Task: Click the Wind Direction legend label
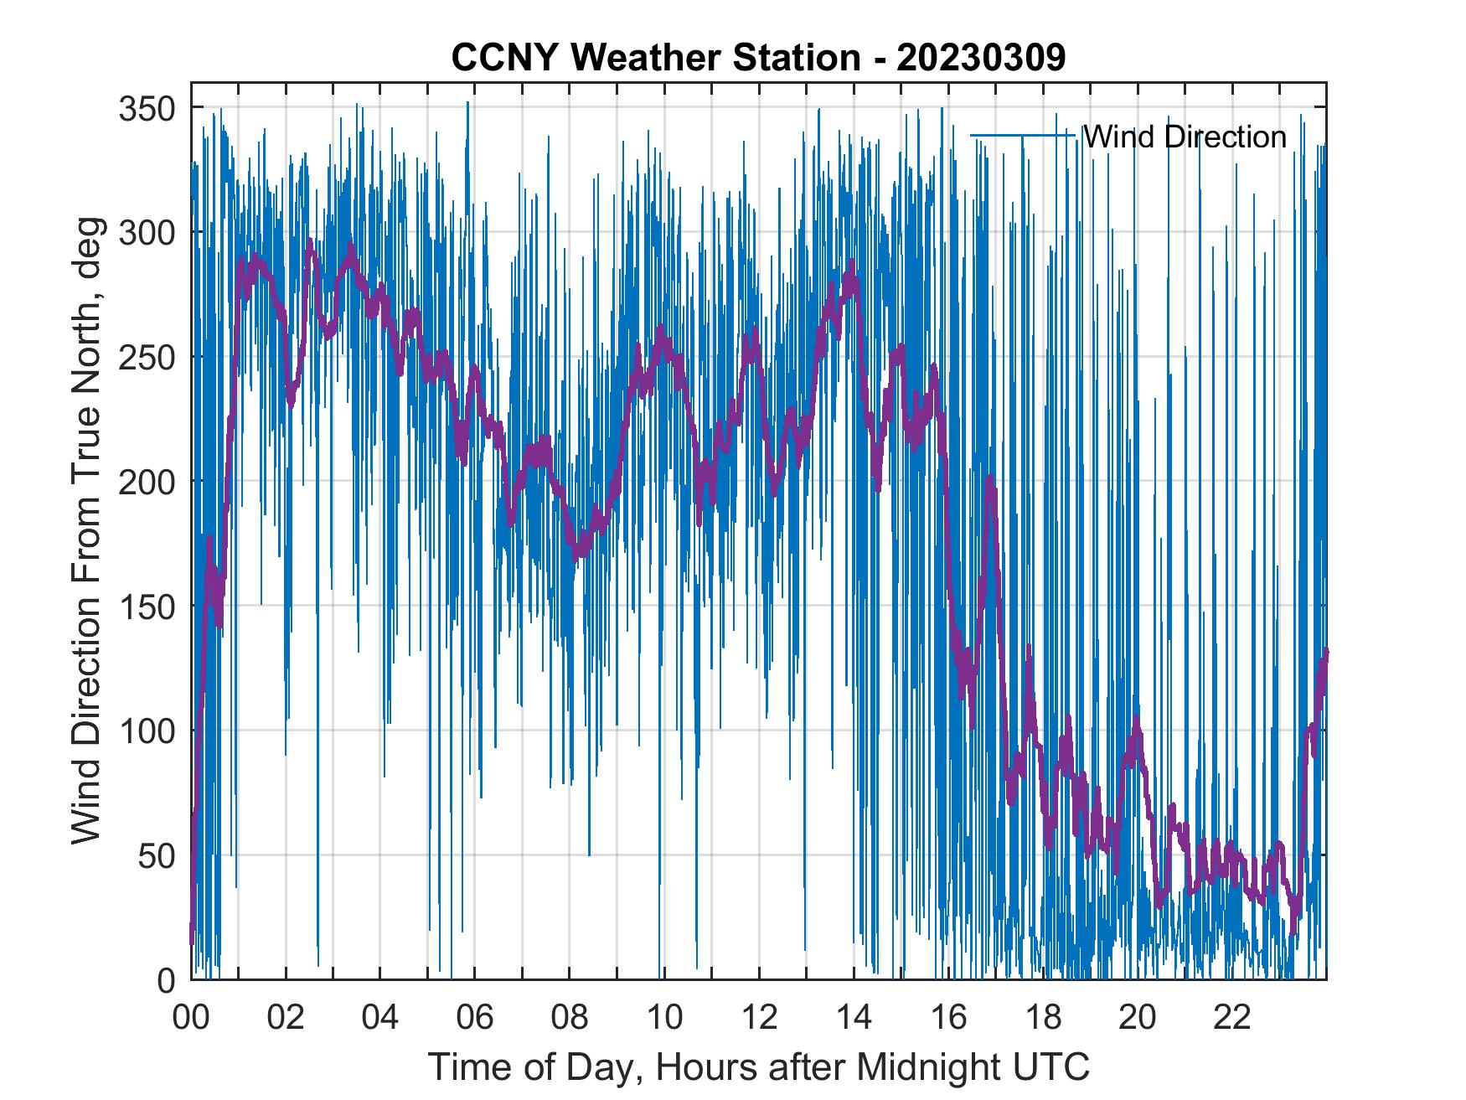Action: [x=1185, y=137]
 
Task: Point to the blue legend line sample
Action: [x=1022, y=135]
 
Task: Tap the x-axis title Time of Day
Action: [x=758, y=1066]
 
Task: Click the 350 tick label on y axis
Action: [x=147, y=108]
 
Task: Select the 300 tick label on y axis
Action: [x=147, y=232]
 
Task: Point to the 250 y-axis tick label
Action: [x=147, y=357]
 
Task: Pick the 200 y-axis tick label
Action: [x=147, y=482]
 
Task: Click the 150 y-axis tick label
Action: [x=147, y=606]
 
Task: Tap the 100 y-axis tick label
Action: [x=147, y=731]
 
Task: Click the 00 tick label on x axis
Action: [x=191, y=1018]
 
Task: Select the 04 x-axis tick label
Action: [x=380, y=1018]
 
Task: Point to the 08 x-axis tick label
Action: [x=570, y=1018]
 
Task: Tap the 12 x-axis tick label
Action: [x=759, y=1018]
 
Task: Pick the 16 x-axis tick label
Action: [x=948, y=1018]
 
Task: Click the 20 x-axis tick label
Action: [x=1138, y=1018]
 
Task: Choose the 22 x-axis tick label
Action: [x=1232, y=1018]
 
